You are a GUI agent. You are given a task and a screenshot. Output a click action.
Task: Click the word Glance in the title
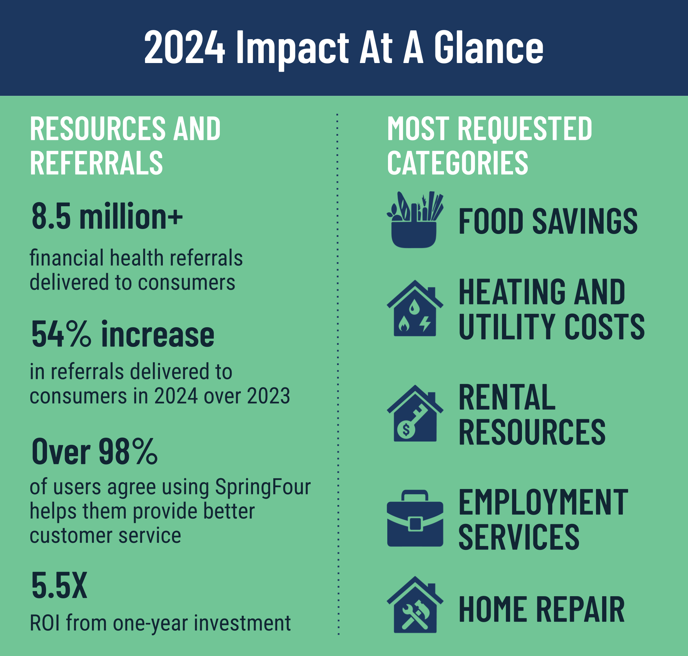488,47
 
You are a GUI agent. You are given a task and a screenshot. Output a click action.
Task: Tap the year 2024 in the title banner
185,47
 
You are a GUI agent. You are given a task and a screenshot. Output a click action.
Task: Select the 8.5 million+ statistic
107,216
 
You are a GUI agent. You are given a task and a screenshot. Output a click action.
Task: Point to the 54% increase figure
123,334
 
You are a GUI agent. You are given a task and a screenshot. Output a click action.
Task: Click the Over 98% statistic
94,451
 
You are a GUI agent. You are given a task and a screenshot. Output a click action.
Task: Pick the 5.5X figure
59,585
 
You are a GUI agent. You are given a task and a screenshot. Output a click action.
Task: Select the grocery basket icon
415,219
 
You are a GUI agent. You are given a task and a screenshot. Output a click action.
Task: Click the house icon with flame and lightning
415,308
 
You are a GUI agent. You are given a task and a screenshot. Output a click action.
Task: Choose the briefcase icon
415,518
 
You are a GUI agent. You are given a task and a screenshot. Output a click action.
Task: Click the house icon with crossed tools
415,605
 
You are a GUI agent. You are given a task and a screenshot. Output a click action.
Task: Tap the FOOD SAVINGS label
548,221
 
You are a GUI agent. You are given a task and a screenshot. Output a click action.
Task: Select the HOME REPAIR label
542,609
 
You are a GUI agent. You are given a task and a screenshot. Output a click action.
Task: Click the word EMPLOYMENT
543,502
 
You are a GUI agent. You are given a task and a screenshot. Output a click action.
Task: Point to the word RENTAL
507,397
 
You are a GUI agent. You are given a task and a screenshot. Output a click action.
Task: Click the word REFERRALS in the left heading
96,163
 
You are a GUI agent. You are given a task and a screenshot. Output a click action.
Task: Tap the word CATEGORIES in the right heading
457,163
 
